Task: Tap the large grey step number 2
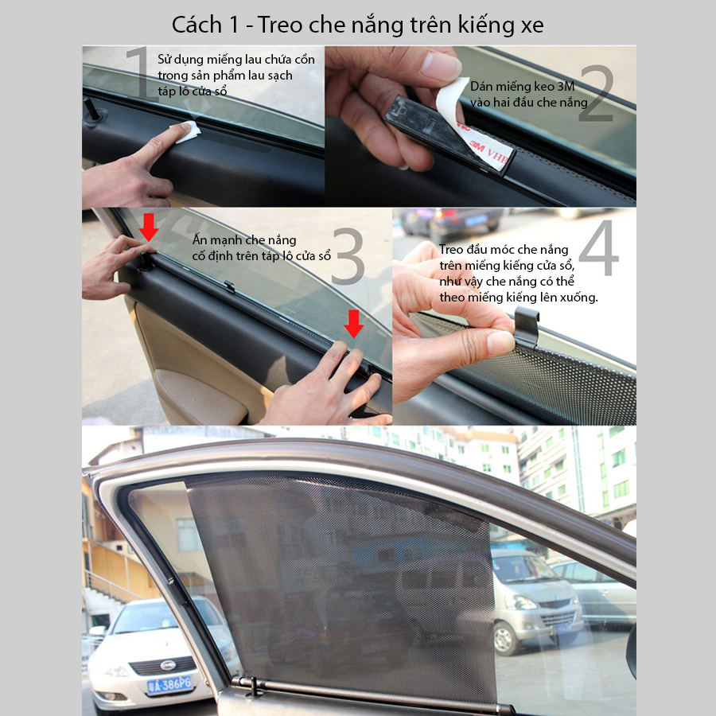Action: (x=596, y=93)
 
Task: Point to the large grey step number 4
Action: (x=598, y=248)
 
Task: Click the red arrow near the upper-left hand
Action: (x=149, y=227)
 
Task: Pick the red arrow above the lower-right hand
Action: (x=353, y=324)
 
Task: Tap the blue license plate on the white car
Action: (x=170, y=684)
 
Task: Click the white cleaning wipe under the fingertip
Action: (x=186, y=131)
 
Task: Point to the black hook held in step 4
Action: (x=527, y=326)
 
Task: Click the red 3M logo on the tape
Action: (x=477, y=146)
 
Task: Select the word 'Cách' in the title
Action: (x=197, y=25)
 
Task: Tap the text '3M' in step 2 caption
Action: (x=566, y=86)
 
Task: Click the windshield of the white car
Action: (x=146, y=617)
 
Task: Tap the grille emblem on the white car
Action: (x=168, y=665)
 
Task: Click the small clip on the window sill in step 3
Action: (x=229, y=286)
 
